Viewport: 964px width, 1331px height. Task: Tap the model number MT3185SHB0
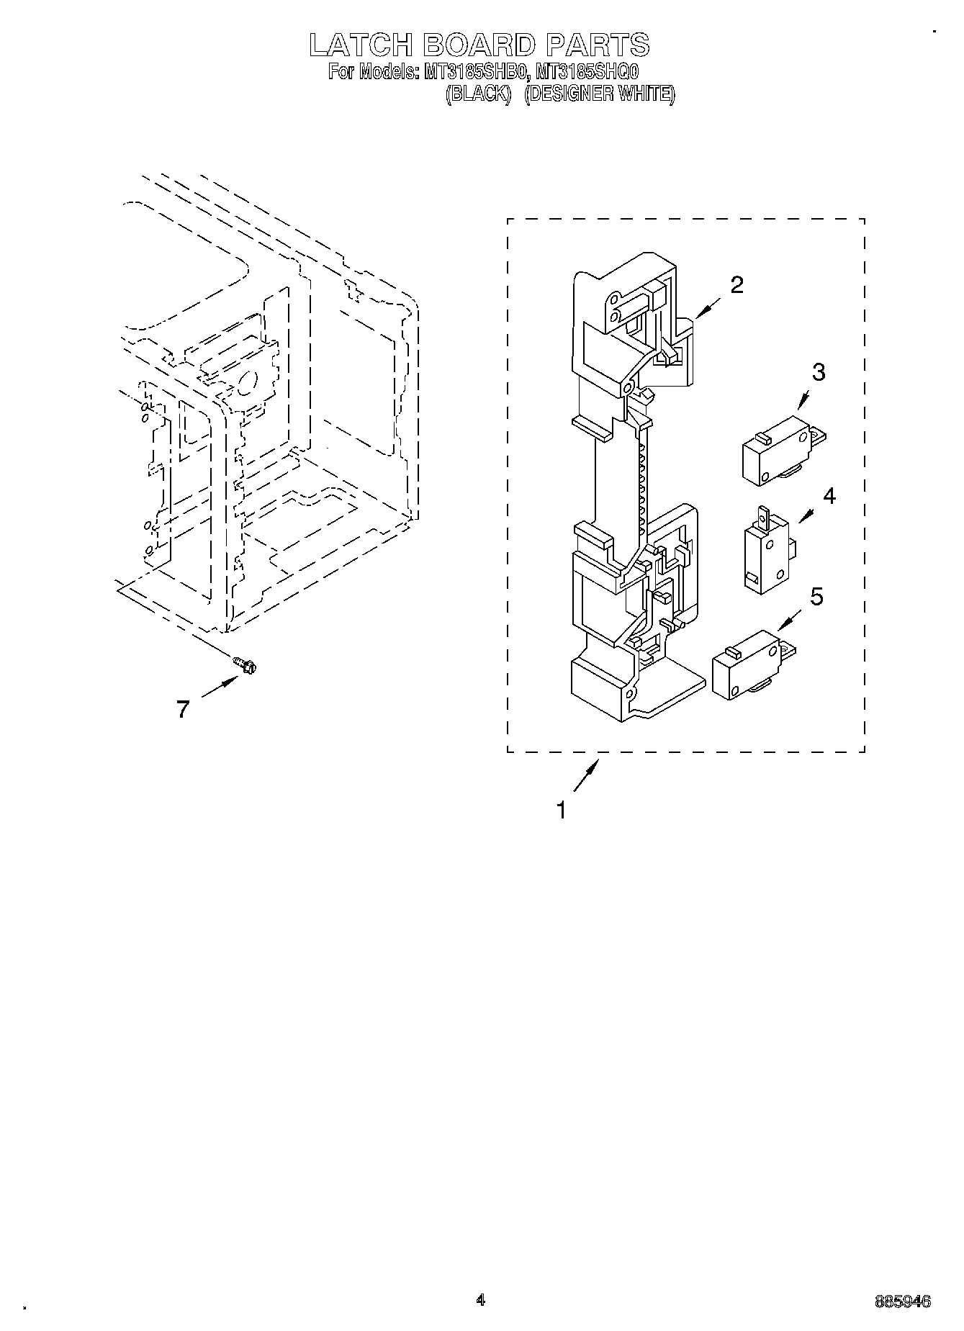point(472,72)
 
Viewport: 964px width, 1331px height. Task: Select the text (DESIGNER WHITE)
point(599,94)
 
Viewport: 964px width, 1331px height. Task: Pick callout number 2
point(736,285)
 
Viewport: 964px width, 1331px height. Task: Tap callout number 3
point(819,372)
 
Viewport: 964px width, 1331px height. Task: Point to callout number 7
point(183,709)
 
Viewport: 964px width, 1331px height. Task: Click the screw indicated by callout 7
point(245,666)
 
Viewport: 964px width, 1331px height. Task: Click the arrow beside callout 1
point(585,777)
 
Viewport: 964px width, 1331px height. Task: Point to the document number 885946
point(903,1301)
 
